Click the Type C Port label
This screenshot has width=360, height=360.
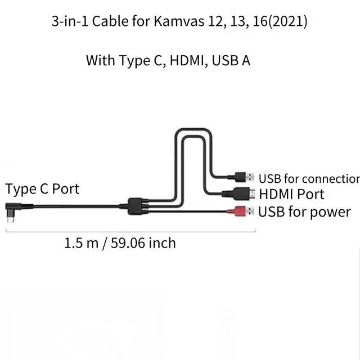coord(42,188)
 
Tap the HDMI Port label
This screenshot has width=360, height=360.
coord(291,195)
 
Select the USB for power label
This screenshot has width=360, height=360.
coord(304,212)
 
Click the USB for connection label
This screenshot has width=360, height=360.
coord(308,179)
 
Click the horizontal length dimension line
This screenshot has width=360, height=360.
coord(129,230)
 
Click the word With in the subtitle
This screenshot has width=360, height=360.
coord(100,60)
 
